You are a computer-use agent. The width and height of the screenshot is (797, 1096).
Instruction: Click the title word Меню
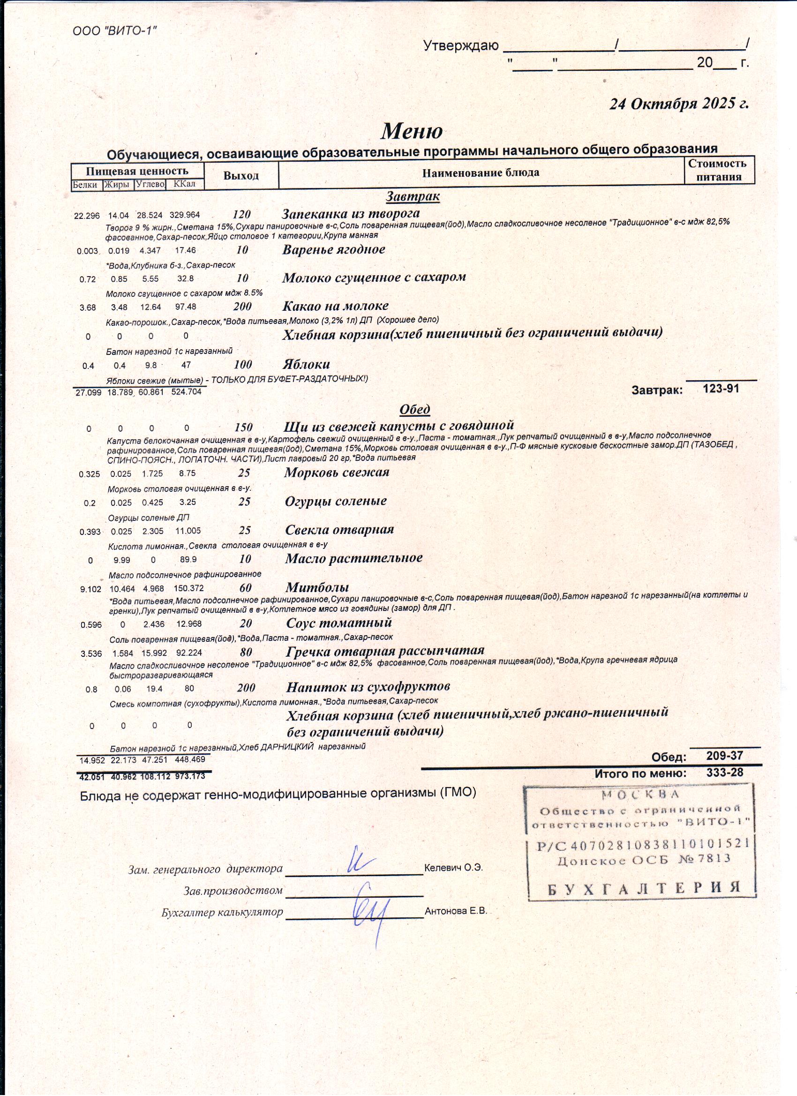tap(411, 131)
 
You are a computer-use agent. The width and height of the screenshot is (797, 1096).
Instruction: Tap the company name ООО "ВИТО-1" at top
tap(115, 31)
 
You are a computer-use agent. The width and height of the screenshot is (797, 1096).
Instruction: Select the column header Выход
tap(241, 175)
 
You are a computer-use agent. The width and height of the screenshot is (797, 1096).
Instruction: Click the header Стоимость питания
tap(718, 170)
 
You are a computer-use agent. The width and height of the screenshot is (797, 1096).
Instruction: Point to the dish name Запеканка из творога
tap(350, 213)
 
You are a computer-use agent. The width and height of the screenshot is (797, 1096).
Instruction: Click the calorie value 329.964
tap(184, 215)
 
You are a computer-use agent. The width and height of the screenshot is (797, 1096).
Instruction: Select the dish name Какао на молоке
tap(335, 306)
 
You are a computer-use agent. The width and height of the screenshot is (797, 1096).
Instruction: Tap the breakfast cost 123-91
tap(721, 389)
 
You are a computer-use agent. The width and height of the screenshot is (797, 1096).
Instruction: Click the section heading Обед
tap(414, 409)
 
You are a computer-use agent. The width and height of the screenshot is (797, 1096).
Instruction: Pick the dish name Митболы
tap(317, 587)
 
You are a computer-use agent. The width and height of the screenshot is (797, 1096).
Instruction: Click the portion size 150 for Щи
tap(244, 427)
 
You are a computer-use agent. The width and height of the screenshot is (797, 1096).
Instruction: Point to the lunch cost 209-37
tap(724, 755)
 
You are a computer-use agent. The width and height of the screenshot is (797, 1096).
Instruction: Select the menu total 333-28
tap(724, 772)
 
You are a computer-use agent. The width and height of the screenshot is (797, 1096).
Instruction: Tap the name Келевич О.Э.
tap(453, 867)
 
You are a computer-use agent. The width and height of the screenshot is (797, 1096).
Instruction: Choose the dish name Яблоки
tap(307, 364)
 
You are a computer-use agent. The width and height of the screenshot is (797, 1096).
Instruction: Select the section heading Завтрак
tap(412, 196)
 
